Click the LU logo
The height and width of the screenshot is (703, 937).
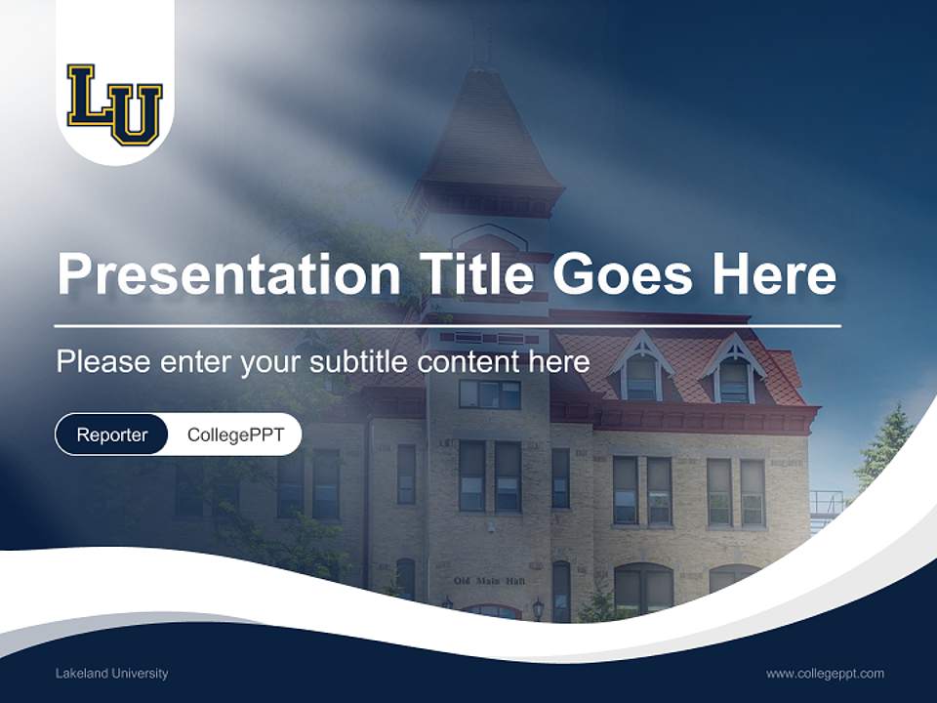115,103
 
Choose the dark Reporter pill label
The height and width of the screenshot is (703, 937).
111,434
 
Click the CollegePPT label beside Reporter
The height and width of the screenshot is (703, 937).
235,434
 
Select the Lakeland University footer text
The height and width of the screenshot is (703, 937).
111,674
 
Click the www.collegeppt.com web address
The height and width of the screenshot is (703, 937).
825,674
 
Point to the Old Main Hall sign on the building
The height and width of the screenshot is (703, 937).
489,581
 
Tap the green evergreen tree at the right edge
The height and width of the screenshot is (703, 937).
884,449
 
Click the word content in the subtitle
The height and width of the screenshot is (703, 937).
472,362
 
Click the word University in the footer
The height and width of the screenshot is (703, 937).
139,674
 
